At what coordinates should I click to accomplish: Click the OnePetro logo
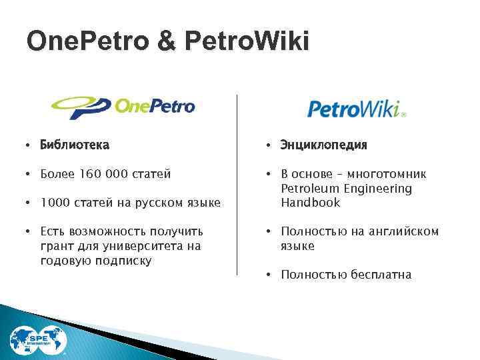(x=123, y=107)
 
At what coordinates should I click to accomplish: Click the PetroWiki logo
(x=356, y=108)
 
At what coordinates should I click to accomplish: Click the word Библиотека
(x=75, y=145)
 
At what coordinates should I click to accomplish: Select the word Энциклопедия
(x=324, y=145)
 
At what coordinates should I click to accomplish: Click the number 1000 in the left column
(x=54, y=203)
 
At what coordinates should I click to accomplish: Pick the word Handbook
(x=310, y=203)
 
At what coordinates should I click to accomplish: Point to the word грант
(x=56, y=246)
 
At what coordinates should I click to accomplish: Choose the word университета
(x=140, y=246)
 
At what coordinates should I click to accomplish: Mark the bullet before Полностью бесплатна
(x=269, y=275)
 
